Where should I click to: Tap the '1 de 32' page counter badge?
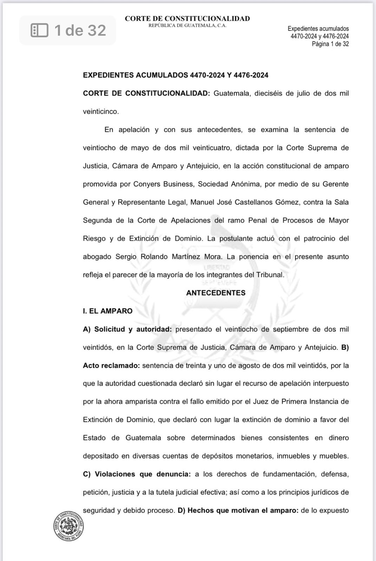click(x=68, y=31)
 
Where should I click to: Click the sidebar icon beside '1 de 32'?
click(x=40, y=31)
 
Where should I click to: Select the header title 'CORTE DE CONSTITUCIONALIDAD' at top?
click(x=187, y=19)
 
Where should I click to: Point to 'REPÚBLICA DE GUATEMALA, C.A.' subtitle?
click(x=187, y=26)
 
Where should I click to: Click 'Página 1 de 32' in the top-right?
click(x=330, y=44)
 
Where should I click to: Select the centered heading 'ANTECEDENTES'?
click(x=216, y=293)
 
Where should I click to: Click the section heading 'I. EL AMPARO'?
click(x=108, y=311)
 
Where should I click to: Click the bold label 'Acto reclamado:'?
click(x=111, y=366)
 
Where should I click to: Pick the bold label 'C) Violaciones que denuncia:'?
click(x=137, y=474)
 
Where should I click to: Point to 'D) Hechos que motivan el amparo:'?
click(x=238, y=511)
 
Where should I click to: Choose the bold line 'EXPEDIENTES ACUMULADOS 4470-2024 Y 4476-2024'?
click(x=176, y=75)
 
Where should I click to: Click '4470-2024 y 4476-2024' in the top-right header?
click(x=319, y=36)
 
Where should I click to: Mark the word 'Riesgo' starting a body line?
click(x=94, y=238)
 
